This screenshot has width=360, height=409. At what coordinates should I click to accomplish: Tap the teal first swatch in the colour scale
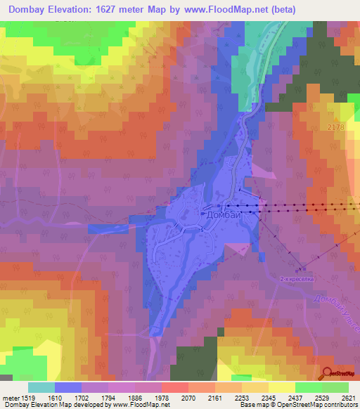(41, 387)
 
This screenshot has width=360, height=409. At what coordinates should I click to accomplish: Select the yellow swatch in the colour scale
(282, 387)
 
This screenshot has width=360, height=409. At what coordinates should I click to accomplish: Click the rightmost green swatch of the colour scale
(335, 387)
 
